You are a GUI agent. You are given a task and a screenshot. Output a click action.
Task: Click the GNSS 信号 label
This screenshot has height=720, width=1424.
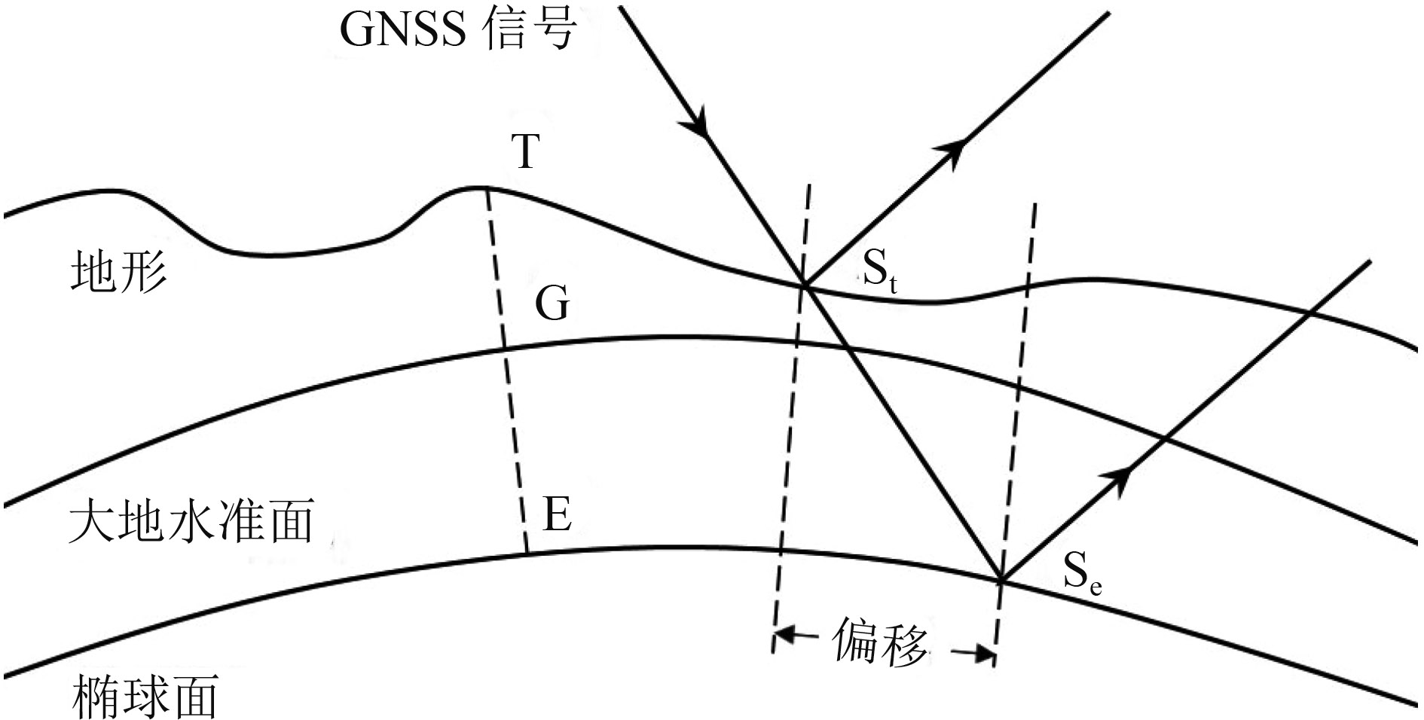pos(458,30)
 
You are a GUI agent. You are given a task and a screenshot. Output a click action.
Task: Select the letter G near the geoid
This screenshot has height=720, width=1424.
pos(552,304)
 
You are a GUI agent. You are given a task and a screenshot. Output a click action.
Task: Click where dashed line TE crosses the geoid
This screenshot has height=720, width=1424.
pos(504,349)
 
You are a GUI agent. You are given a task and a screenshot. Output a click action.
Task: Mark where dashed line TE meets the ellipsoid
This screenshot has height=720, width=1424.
pos(526,554)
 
